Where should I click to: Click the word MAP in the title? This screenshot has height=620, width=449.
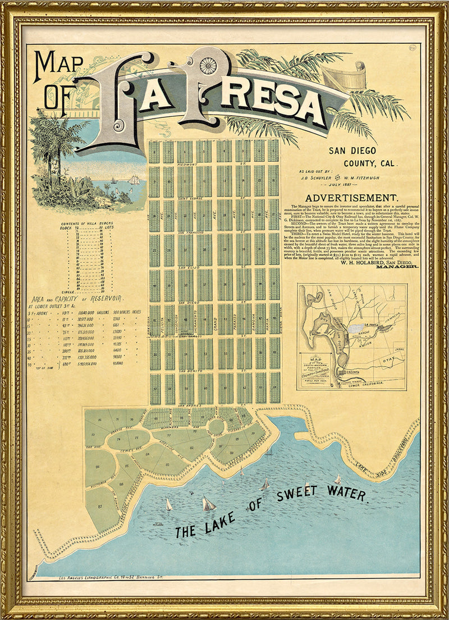(56, 66)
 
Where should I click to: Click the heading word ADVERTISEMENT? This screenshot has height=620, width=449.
(351, 198)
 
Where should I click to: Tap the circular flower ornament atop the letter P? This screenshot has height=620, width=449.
(208, 65)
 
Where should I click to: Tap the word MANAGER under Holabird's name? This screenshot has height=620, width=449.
(397, 268)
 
